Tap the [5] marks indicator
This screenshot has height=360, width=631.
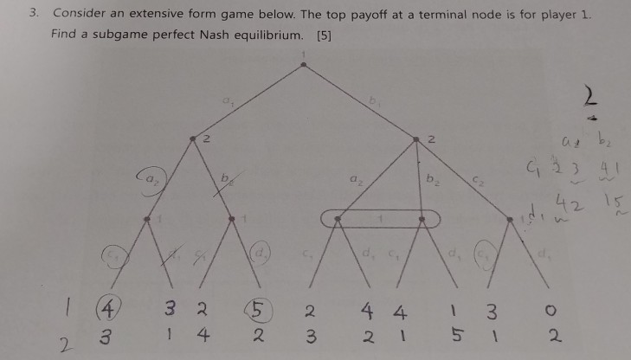(325, 35)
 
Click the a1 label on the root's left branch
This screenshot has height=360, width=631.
(229, 102)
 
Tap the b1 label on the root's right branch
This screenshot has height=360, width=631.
(375, 102)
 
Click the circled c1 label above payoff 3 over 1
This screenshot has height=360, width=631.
(486, 257)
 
